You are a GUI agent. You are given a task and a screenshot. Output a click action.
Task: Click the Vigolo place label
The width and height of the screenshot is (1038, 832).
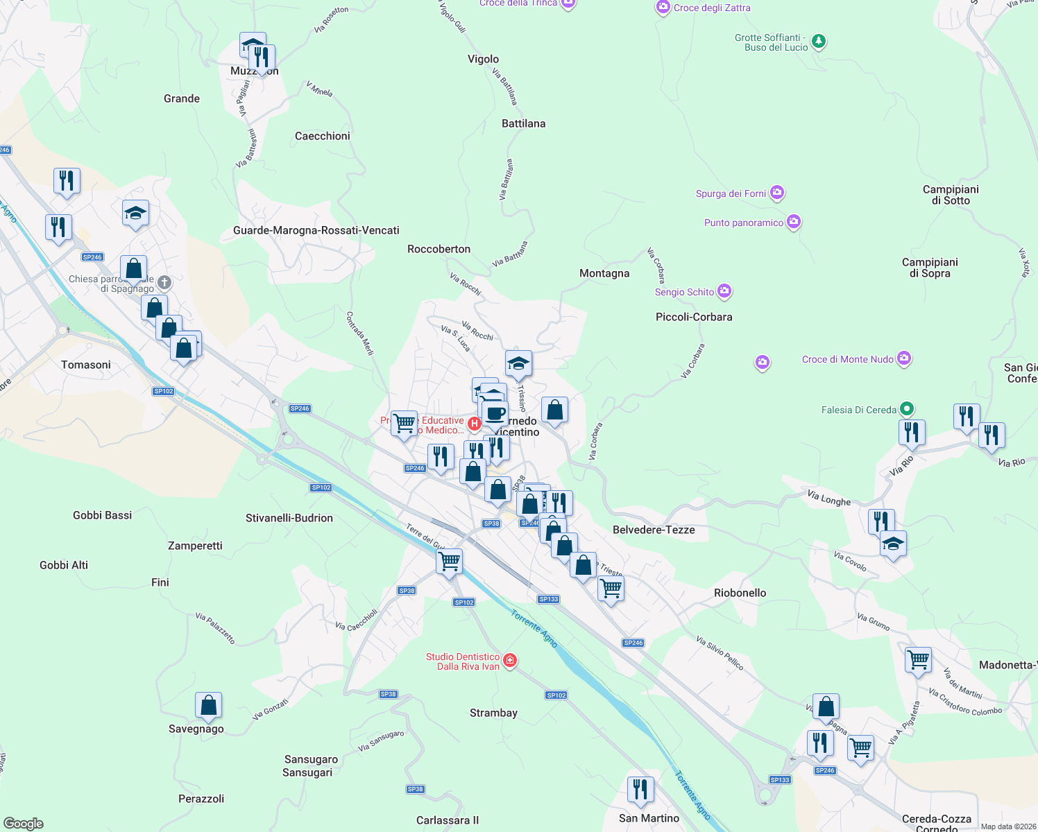(x=483, y=59)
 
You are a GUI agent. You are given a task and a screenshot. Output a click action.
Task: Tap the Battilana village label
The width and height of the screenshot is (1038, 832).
(x=523, y=123)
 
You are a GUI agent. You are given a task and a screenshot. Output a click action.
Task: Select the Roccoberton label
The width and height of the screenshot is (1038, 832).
(x=439, y=249)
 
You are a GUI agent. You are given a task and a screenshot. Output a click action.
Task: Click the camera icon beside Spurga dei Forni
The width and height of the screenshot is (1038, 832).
(x=777, y=193)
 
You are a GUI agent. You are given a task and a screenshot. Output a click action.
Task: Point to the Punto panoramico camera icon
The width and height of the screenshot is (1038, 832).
(x=794, y=222)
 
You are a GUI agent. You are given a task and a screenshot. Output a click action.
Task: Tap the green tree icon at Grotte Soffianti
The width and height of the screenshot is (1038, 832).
(x=819, y=42)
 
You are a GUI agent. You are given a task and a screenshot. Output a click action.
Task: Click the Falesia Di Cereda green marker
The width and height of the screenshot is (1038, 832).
(x=906, y=409)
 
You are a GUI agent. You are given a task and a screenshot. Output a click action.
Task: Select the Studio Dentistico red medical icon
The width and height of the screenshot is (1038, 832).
(x=510, y=661)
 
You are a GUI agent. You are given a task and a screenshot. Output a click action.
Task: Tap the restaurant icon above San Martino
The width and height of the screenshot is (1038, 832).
(x=640, y=790)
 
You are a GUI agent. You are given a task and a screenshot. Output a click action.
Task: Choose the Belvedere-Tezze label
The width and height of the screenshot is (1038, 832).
(x=654, y=530)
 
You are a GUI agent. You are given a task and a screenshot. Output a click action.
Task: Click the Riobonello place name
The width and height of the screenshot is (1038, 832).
(x=740, y=593)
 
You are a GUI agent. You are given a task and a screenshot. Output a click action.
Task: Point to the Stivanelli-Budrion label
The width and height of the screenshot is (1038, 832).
(x=289, y=518)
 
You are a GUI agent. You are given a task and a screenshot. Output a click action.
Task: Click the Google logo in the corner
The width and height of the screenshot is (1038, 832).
(x=24, y=824)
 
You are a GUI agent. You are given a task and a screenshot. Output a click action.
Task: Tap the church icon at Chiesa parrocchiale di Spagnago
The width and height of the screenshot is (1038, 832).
(x=164, y=282)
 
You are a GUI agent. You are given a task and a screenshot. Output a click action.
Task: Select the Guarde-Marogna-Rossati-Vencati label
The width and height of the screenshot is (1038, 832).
(x=316, y=230)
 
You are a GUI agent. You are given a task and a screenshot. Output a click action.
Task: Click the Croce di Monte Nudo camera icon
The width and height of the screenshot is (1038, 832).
(x=903, y=358)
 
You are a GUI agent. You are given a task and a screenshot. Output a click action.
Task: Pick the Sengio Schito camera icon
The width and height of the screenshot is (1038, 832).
(x=724, y=291)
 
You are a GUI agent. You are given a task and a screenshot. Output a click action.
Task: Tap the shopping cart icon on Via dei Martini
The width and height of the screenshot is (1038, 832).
(x=918, y=660)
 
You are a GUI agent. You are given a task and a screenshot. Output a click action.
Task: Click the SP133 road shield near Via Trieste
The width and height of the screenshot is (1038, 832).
(x=548, y=599)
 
